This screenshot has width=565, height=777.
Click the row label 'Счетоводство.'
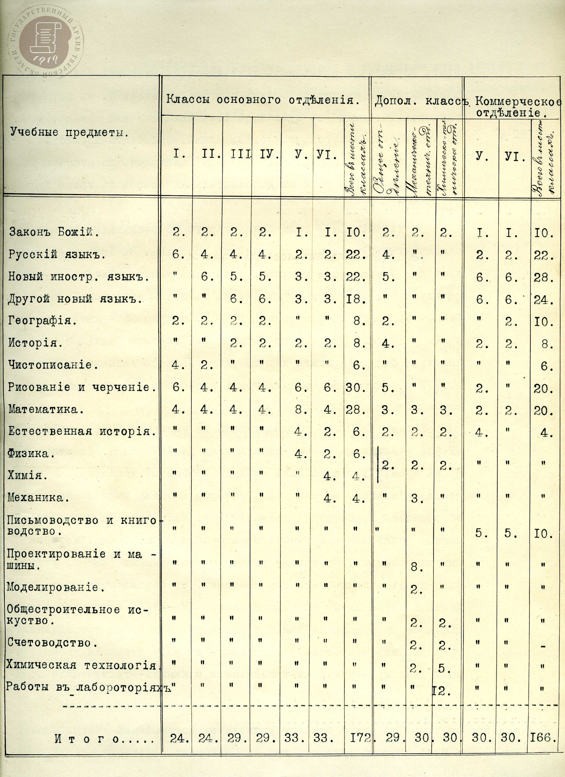coord(50,643)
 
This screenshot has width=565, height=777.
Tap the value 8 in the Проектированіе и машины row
coord(415,568)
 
